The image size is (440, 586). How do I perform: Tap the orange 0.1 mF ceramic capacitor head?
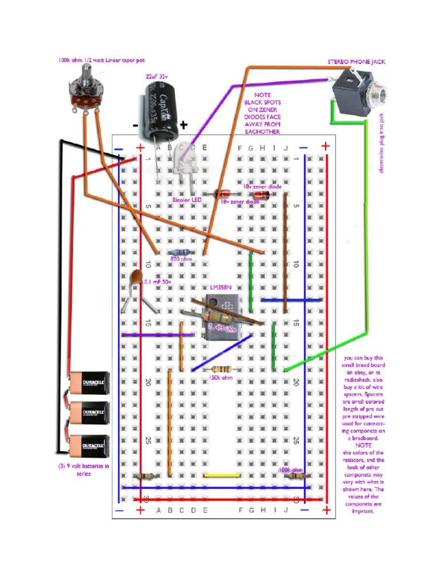136,279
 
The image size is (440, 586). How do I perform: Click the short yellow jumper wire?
222,475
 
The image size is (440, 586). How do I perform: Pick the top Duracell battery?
89,382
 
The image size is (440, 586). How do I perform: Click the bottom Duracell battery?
89,446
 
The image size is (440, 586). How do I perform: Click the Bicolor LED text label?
187,200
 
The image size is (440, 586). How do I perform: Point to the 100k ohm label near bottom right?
290,469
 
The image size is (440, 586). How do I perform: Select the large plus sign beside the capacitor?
183,125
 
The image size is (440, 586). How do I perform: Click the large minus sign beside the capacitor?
136,125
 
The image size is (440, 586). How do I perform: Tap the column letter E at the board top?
204,148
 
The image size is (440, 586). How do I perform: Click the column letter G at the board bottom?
251,510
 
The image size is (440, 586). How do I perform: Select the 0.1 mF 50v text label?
158,282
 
